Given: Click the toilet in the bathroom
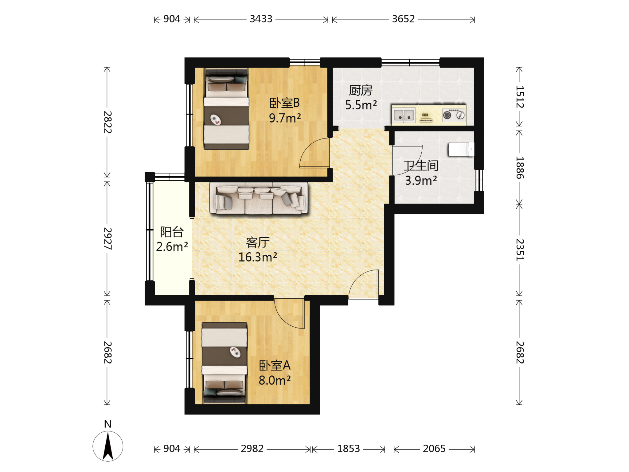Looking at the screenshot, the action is [x=461, y=149].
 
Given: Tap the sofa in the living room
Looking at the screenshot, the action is [x=259, y=199].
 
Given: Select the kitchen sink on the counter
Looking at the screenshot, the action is [x=404, y=116].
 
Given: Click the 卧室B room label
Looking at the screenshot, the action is [x=284, y=103].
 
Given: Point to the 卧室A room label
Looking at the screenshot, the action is [x=275, y=365].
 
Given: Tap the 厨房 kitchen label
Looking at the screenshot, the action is [x=361, y=90].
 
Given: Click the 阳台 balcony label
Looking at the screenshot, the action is [x=172, y=232].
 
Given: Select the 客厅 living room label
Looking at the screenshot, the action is [x=258, y=242].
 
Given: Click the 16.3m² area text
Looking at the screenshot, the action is [x=258, y=257].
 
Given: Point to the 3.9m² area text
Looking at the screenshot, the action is [x=421, y=181].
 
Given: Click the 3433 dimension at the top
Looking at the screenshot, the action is [x=261, y=19].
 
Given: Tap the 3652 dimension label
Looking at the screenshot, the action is [x=403, y=19].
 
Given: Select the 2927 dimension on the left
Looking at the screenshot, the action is [x=107, y=239].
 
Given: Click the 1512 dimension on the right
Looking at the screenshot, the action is [x=520, y=97].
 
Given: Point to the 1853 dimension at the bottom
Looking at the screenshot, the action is [x=349, y=449].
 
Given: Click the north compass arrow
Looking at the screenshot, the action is [x=108, y=446].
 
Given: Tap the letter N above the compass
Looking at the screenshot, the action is [x=108, y=424].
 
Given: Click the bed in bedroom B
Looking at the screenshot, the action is [x=226, y=109].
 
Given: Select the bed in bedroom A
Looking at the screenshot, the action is [x=225, y=363].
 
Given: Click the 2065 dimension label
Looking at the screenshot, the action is [x=434, y=449].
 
